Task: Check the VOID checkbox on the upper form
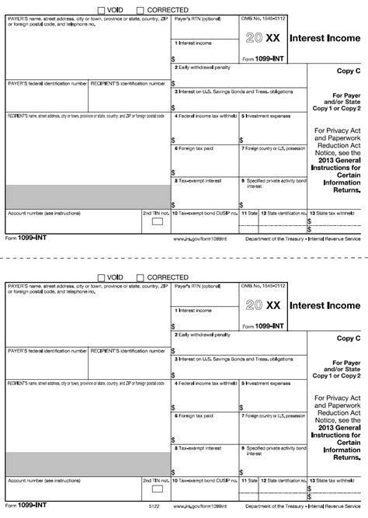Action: tap(102, 10)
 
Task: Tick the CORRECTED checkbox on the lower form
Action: tap(140, 277)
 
